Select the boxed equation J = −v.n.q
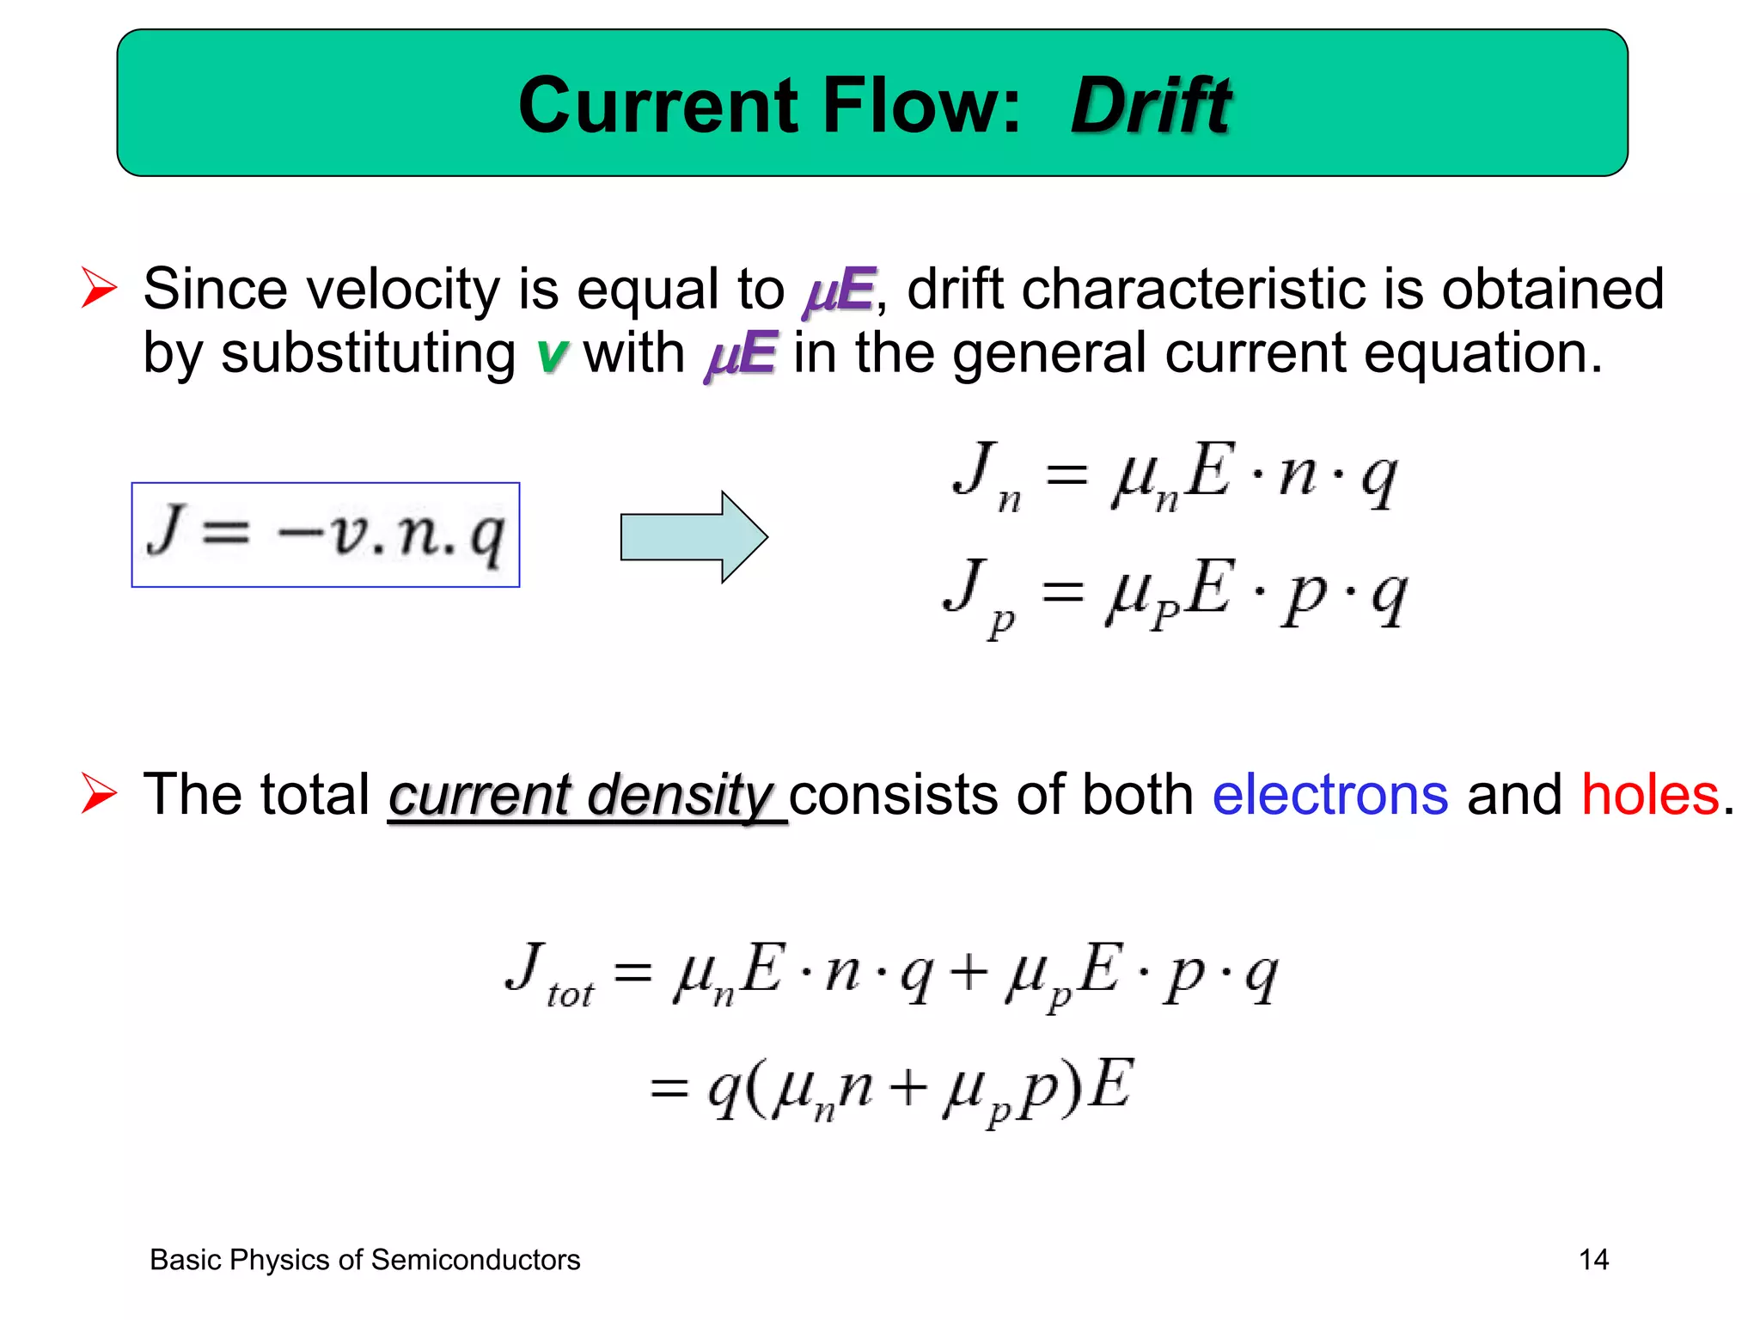point(326,535)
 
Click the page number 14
point(1593,1260)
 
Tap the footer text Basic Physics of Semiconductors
point(364,1260)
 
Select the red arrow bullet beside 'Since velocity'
point(99,287)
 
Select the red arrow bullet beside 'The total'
point(99,792)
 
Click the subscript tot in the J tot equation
point(570,994)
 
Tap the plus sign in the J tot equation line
point(969,975)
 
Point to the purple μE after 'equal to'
point(839,290)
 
